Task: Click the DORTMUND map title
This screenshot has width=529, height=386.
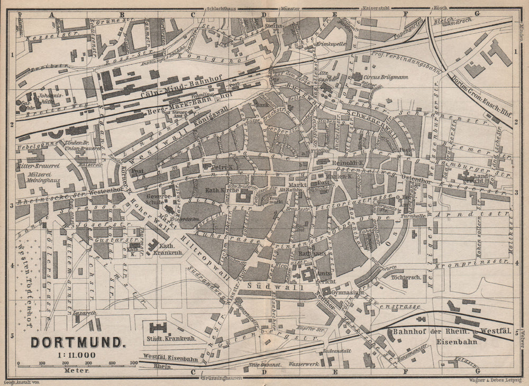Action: pos(78,342)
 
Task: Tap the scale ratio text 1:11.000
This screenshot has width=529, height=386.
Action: pos(77,355)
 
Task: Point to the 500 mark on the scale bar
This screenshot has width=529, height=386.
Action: pos(133,363)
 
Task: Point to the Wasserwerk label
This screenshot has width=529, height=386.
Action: pos(304,364)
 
